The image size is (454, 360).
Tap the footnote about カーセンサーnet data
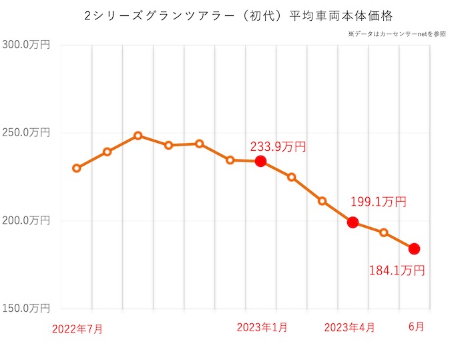397,33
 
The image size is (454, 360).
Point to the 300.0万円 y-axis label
27,45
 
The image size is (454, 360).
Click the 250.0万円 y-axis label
27,132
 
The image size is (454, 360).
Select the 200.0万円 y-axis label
27,220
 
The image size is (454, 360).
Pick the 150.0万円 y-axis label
27,309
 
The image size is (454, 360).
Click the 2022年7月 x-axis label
77,329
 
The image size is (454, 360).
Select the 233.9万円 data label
278,146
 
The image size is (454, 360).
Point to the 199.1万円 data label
378,202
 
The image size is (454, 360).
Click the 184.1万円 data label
397,271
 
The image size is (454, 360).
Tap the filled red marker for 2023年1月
261,161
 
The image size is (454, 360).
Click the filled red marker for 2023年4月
353,222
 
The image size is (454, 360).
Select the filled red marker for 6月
414,248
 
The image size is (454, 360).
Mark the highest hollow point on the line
138,136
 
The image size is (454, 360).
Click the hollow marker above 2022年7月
77,168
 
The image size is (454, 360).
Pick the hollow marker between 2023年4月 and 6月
384,232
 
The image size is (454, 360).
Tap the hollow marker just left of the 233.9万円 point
230,160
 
